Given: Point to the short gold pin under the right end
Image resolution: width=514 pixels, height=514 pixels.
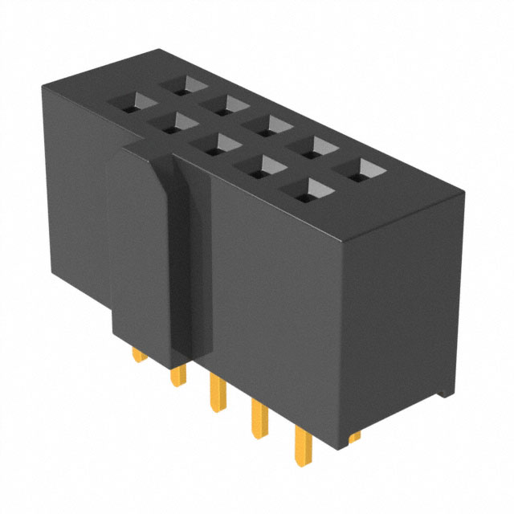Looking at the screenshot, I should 355,436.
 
